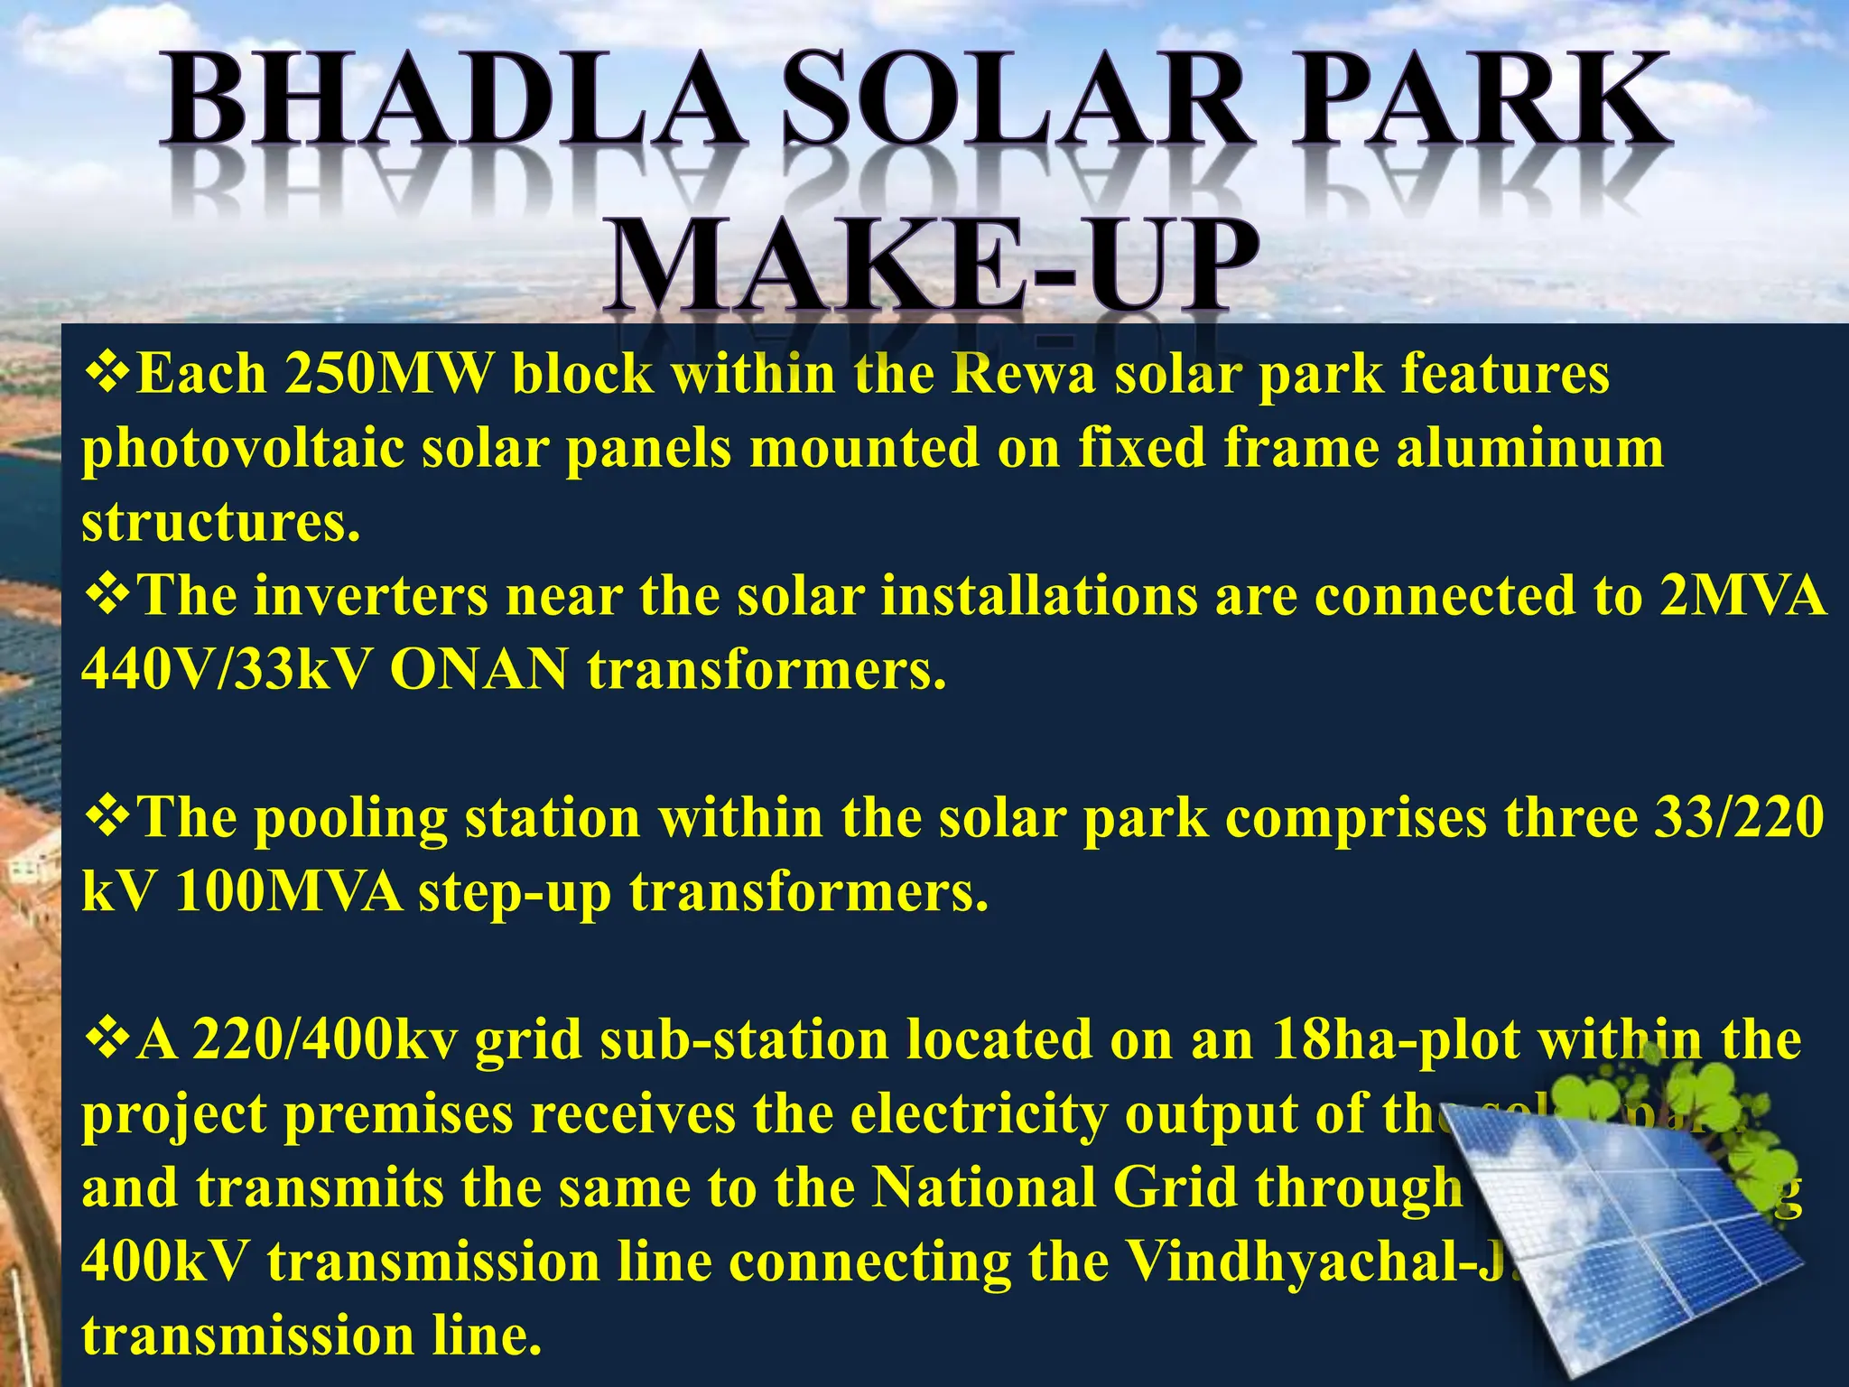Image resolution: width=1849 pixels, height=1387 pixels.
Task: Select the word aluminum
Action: coord(1529,448)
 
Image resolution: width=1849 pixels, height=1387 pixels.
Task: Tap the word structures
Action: coord(220,522)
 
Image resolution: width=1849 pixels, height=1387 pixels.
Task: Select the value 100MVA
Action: coord(289,892)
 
